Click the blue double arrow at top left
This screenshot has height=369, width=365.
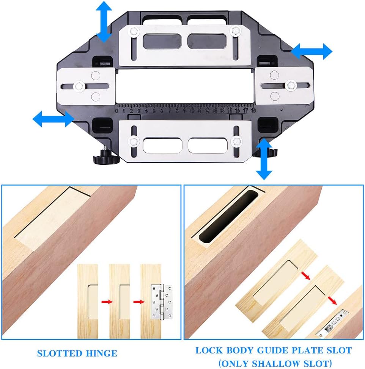click(x=103, y=21)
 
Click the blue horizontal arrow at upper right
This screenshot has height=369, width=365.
click(x=312, y=50)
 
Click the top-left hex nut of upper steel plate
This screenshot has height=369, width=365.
click(x=133, y=31)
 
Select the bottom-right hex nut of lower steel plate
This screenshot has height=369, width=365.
click(x=236, y=141)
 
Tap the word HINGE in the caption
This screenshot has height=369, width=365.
click(x=100, y=353)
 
